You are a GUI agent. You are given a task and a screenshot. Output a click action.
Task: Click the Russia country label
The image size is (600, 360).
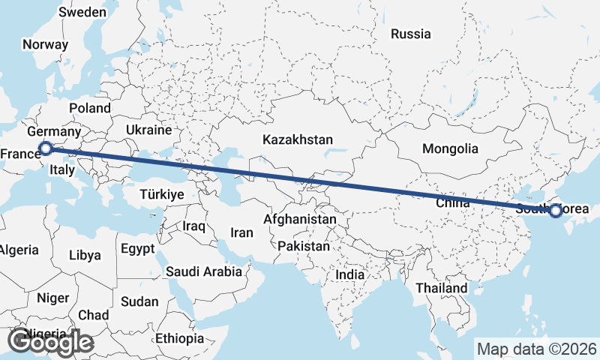411,34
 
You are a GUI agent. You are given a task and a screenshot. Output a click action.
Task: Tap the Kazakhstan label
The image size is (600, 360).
297,139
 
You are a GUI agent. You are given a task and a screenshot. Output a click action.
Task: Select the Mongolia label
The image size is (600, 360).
450,148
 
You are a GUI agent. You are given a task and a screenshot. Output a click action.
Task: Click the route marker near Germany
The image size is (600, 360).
45,148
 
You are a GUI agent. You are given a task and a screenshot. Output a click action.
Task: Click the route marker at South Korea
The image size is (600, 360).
555,211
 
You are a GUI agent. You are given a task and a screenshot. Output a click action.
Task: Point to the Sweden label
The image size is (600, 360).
82,12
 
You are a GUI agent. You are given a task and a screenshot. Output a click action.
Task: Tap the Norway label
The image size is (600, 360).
45,44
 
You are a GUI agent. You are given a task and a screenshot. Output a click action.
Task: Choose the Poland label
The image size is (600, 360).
89,108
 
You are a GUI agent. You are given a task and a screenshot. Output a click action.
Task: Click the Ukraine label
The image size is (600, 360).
148,130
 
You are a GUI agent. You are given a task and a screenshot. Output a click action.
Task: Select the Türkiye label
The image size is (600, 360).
162,194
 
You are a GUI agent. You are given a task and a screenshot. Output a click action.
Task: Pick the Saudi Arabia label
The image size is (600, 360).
204,271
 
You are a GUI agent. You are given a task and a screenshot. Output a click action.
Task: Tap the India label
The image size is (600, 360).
349,274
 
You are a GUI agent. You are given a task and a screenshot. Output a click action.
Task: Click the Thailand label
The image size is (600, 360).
442,288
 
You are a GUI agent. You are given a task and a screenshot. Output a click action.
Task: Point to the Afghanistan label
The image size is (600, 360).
300,220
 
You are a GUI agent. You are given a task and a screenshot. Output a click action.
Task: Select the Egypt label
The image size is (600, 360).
137,248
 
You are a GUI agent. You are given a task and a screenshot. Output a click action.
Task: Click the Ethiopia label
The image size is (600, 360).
180,339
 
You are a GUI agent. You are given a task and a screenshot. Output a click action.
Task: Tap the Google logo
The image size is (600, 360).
50,342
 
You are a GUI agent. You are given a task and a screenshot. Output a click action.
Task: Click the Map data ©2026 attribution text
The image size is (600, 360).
536,349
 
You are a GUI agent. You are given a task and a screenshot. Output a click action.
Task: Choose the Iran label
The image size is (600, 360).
241,232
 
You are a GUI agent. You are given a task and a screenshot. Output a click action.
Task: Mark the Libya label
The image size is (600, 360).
84,255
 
